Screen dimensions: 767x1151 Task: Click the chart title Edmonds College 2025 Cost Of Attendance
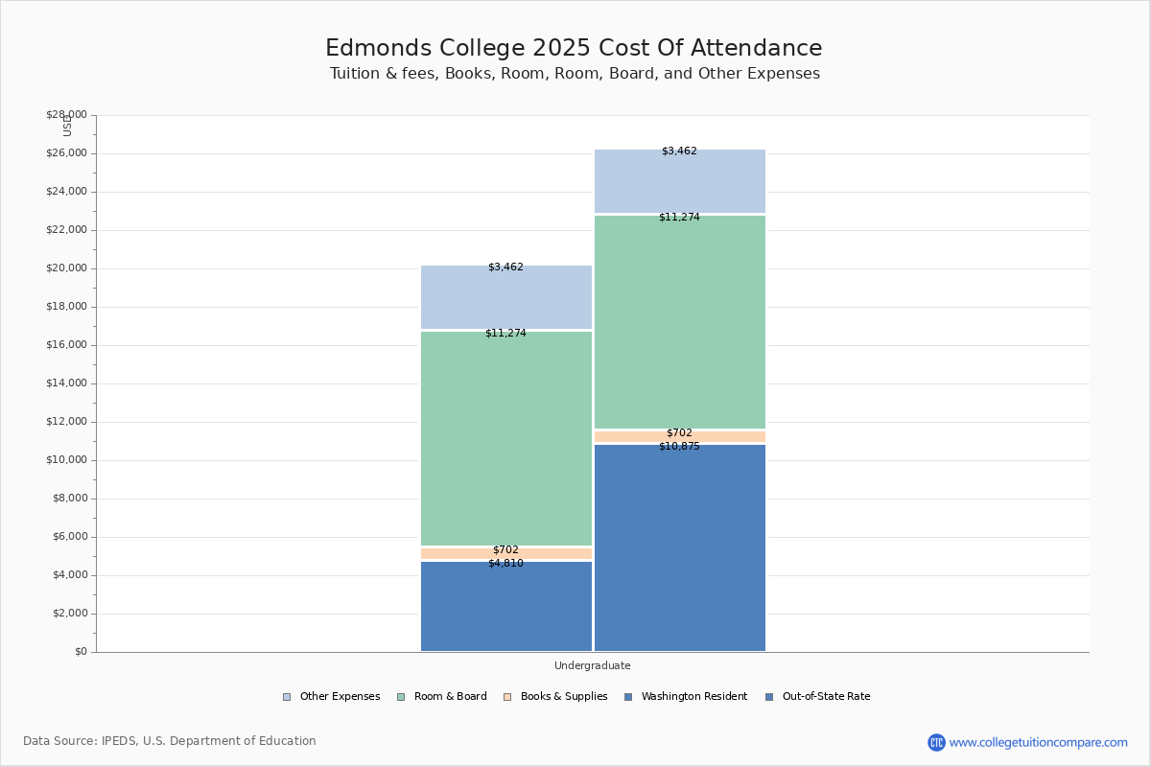click(x=574, y=48)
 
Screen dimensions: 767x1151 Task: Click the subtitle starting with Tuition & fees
click(x=575, y=74)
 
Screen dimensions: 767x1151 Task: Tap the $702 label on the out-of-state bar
click(x=679, y=433)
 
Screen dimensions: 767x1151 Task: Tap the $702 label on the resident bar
click(x=505, y=550)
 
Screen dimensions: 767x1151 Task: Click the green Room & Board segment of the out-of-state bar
click(x=680, y=321)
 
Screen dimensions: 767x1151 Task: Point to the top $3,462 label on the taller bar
click(x=679, y=151)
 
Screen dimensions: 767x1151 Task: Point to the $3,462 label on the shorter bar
click(x=505, y=267)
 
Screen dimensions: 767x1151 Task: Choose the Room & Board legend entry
click(x=450, y=697)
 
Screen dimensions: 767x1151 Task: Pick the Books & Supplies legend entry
click(x=563, y=697)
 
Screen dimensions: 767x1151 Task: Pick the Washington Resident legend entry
click(x=693, y=697)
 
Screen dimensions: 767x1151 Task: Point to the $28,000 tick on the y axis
click(x=66, y=115)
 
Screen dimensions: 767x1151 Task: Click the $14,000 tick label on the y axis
click(x=66, y=383)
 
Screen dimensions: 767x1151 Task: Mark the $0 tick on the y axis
click(x=81, y=652)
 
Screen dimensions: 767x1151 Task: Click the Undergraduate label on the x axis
click(x=592, y=665)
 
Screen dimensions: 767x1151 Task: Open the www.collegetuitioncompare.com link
click(x=1038, y=742)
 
